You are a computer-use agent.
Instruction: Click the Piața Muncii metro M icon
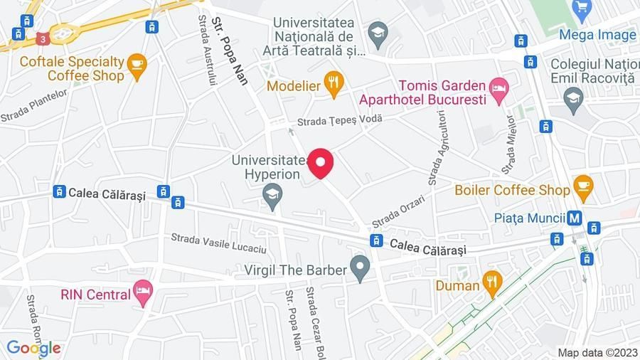click(575, 218)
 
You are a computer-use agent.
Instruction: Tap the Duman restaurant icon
click(491, 285)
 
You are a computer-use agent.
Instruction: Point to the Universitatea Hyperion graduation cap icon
click(272, 192)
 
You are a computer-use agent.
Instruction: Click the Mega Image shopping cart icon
click(582, 9)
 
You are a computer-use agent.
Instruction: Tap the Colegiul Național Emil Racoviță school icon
click(573, 98)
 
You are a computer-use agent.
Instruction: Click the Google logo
click(33, 348)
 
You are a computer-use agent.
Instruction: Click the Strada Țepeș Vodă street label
click(339, 120)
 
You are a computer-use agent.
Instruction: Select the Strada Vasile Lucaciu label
click(218, 243)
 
